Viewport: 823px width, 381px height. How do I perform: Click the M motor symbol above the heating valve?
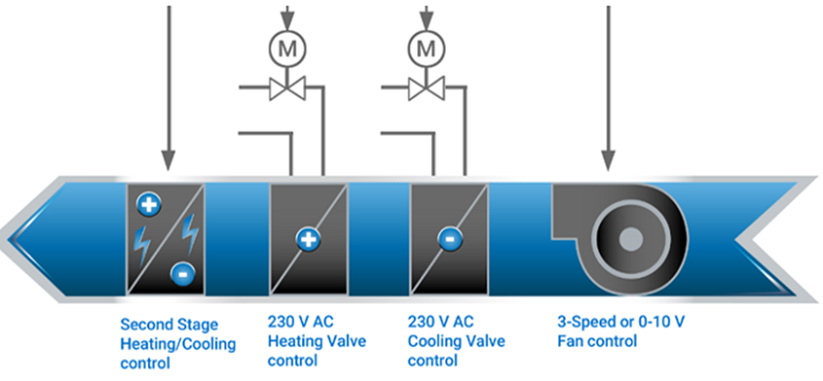(287, 50)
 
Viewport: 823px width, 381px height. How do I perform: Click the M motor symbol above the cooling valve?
(426, 50)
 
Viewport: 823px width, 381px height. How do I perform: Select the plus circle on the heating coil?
(306, 237)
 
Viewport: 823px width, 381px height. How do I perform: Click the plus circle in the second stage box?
(147, 205)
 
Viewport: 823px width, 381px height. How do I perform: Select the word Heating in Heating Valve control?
(295, 341)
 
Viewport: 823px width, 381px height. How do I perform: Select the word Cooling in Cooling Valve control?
(435, 341)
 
